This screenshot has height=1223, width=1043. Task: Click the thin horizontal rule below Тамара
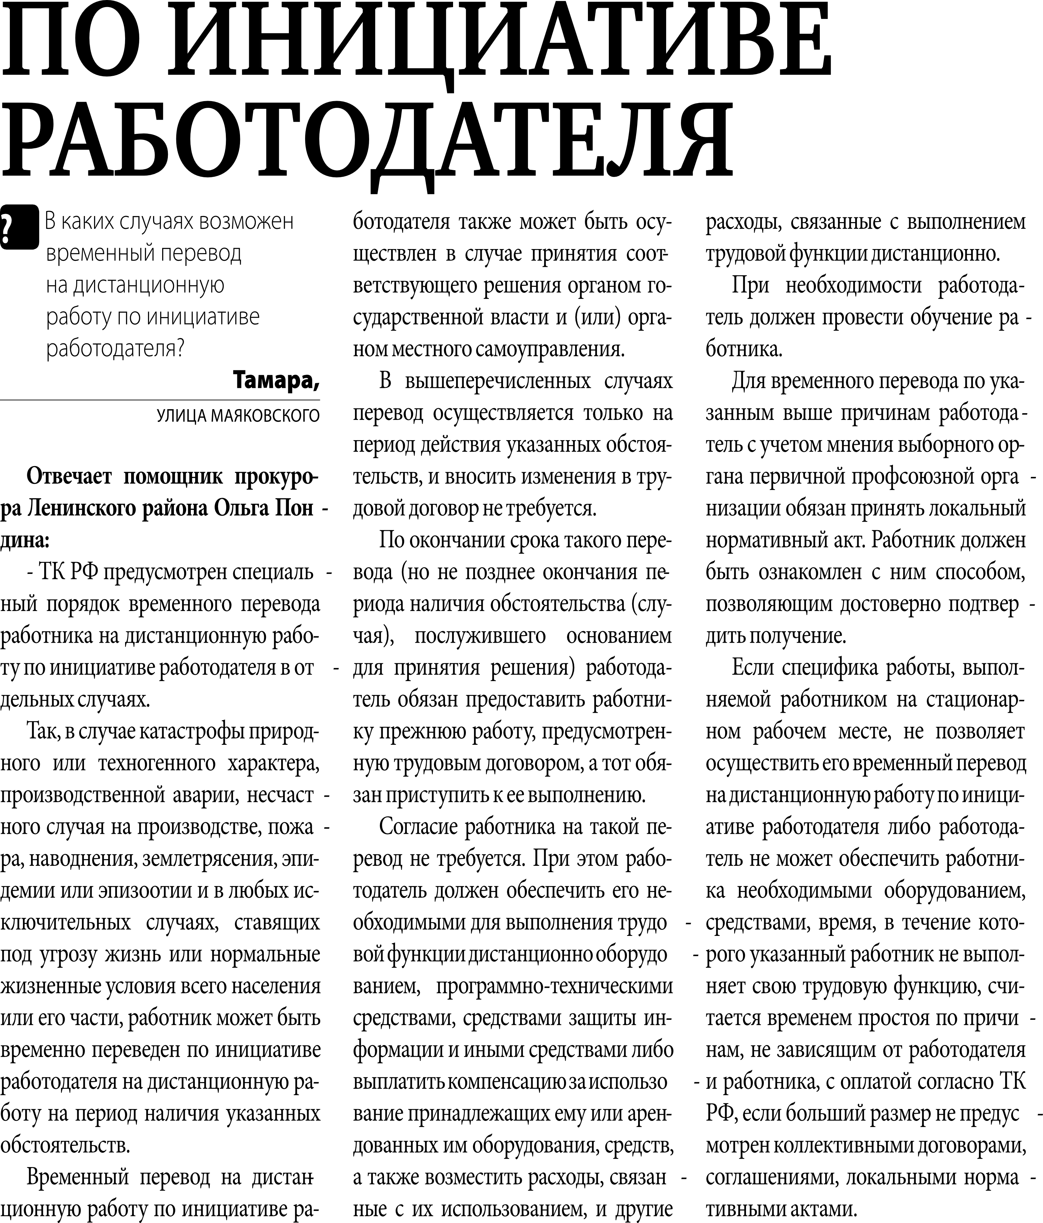[x=159, y=400]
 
